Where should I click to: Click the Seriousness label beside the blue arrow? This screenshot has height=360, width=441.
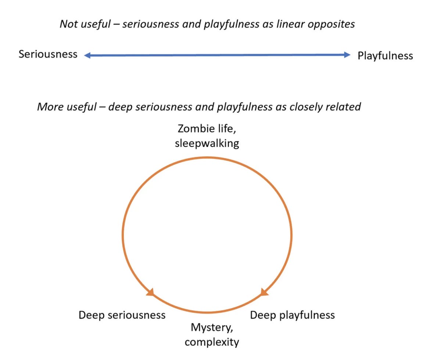coord(48,54)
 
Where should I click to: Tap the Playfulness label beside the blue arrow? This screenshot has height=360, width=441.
coord(385,56)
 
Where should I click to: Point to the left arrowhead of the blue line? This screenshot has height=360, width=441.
coord(87,56)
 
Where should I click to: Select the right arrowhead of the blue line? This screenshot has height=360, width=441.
coord(347,55)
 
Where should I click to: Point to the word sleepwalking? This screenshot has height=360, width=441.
coord(207,143)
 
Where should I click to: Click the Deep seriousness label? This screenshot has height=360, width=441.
coord(122,315)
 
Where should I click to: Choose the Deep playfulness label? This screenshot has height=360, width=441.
coord(293,315)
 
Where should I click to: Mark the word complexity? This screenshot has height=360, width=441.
coord(212,342)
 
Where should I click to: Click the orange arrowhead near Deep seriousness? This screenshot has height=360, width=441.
coord(150,292)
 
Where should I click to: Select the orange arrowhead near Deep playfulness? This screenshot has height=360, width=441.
coord(264,292)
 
